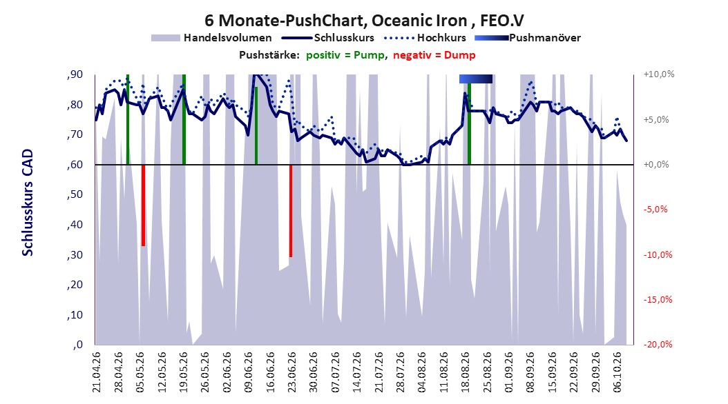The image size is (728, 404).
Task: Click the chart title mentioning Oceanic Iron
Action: [x=364, y=21]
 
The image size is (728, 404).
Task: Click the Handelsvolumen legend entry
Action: [x=211, y=38]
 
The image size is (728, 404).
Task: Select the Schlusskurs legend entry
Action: [x=328, y=38]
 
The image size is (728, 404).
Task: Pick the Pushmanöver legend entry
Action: [x=528, y=38]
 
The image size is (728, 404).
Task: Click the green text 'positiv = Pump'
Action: [x=345, y=55]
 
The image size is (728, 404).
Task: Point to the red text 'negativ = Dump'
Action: [x=434, y=55]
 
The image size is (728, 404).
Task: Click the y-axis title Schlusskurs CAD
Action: [x=28, y=202]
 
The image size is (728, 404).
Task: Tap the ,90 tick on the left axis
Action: [x=75, y=74]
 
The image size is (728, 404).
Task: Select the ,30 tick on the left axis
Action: [x=75, y=255]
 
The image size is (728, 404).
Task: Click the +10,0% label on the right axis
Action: [x=659, y=74]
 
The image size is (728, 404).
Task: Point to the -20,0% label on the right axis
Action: [x=658, y=344]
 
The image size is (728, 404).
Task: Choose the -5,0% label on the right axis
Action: [x=655, y=210]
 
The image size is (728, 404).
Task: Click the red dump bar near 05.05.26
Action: [x=144, y=205]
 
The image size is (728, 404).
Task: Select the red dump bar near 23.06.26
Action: [x=291, y=211]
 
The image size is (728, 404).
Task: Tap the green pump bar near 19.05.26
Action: [x=184, y=119]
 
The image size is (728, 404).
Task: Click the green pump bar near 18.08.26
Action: [x=470, y=123]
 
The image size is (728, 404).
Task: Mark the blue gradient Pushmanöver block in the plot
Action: [x=476, y=79]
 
